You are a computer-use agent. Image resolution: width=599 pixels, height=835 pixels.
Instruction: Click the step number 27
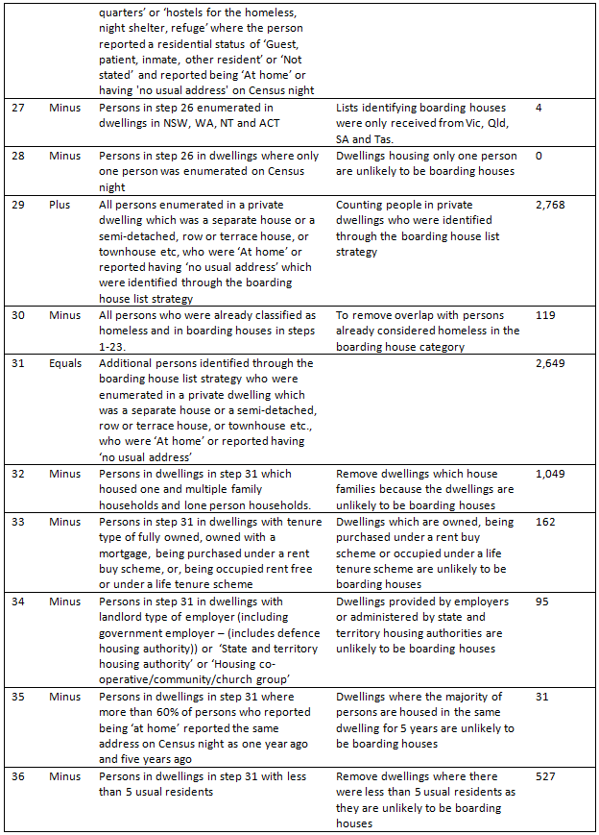point(18,109)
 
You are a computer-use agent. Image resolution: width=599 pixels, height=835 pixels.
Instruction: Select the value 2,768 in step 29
point(551,206)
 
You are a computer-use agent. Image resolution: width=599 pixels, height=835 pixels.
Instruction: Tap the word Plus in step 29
point(60,206)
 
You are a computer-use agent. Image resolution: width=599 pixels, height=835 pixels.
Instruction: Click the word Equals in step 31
point(66,364)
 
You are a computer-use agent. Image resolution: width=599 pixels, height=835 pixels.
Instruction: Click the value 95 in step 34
point(542,602)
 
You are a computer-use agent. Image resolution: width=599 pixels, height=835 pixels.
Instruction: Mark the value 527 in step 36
point(545,777)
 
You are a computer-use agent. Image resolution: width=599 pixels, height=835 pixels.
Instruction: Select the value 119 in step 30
point(545,316)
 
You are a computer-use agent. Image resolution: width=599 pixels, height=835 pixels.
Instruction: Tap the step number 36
point(18,777)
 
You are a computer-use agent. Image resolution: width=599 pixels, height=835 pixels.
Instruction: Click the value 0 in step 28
point(539,157)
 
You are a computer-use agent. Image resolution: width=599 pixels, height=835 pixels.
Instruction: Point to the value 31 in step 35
point(542,698)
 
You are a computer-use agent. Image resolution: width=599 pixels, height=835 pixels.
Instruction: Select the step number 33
point(18,523)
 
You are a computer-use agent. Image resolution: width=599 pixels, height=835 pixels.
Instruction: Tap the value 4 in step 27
point(539,109)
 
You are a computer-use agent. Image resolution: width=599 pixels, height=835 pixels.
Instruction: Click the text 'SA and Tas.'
point(368,139)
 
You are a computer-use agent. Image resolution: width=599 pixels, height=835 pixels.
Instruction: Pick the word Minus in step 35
point(65,698)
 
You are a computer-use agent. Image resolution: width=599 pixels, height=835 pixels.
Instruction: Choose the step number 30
point(18,316)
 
